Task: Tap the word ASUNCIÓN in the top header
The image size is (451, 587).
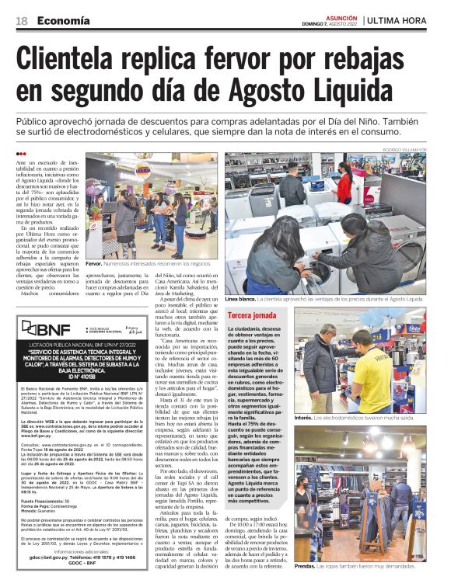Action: coord(341,16)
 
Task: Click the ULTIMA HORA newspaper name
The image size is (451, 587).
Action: coord(403,20)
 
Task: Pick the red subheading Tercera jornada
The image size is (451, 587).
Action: coord(253,315)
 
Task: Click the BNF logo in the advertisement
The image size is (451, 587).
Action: coord(46,328)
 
